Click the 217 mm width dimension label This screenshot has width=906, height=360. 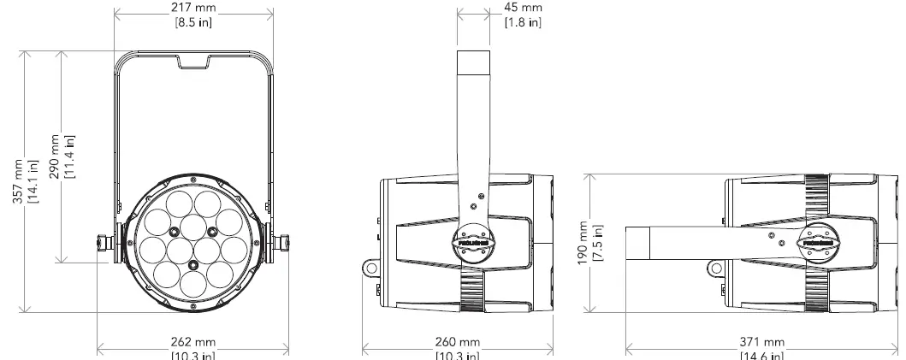193,7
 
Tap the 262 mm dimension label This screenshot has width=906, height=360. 193,342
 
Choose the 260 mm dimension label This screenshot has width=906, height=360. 458,342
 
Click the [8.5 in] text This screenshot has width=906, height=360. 193,21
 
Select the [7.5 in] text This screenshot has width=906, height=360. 599,245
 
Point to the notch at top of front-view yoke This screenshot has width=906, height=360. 193,62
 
